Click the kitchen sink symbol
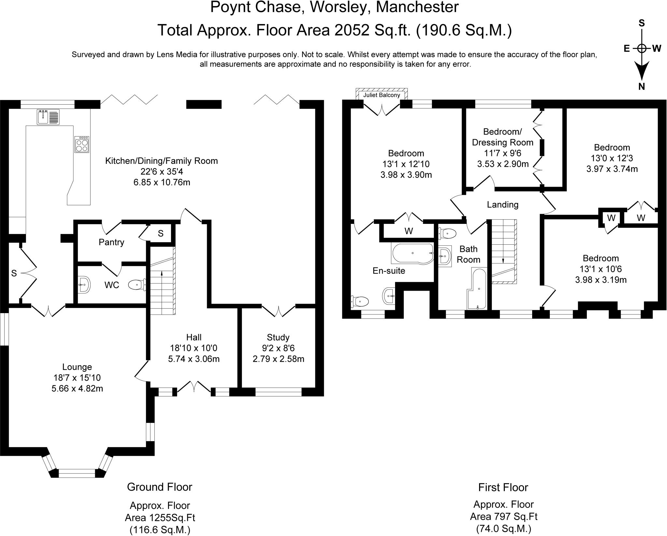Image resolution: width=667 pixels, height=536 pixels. [x=48, y=117]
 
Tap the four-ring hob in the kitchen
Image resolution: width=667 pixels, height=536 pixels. [x=81, y=144]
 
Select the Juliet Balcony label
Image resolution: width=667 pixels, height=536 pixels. [x=381, y=95]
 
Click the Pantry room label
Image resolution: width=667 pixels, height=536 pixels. [x=111, y=242]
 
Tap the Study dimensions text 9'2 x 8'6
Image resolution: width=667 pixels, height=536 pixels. [x=278, y=348]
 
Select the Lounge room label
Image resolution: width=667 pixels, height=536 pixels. [x=77, y=367]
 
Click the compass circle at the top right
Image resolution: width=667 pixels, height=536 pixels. [x=641, y=49]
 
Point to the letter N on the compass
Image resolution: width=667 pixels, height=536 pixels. [x=641, y=86]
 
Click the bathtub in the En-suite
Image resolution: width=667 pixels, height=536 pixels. [x=412, y=253]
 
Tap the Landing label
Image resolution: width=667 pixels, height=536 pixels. [x=503, y=205]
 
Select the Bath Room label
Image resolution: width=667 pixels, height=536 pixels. [x=468, y=254]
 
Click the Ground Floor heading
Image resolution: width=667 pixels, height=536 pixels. [x=160, y=487]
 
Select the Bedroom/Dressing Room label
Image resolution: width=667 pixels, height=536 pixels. [x=503, y=137]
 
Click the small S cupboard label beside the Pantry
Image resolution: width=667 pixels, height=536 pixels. [x=161, y=233]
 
